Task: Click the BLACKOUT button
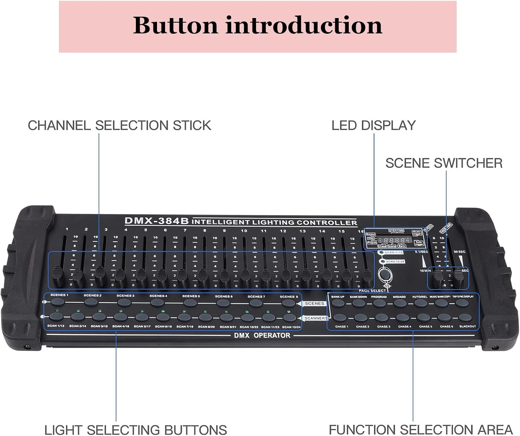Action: [x=465, y=318]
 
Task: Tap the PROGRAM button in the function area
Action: [x=379, y=303]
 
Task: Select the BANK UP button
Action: [x=338, y=303]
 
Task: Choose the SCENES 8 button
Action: [x=288, y=303]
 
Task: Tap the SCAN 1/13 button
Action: [x=56, y=317]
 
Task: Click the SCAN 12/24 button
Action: [x=289, y=318]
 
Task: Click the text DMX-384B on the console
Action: [x=156, y=221]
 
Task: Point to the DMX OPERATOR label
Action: [x=262, y=335]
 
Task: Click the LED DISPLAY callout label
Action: [x=373, y=125]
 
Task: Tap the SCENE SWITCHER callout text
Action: [x=444, y=163]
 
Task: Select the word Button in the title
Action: [x=175, y=25]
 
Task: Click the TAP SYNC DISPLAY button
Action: [x=462, y=303]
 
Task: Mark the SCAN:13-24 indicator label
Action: [x=395, y=261]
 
